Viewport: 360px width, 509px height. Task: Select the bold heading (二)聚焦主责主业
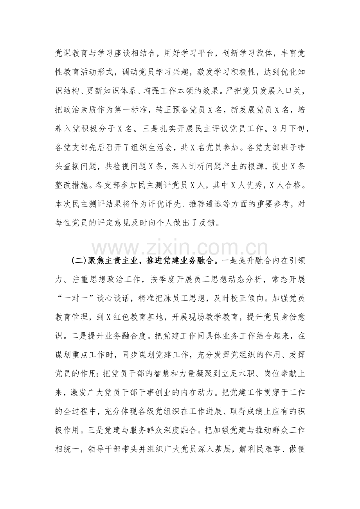110,261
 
